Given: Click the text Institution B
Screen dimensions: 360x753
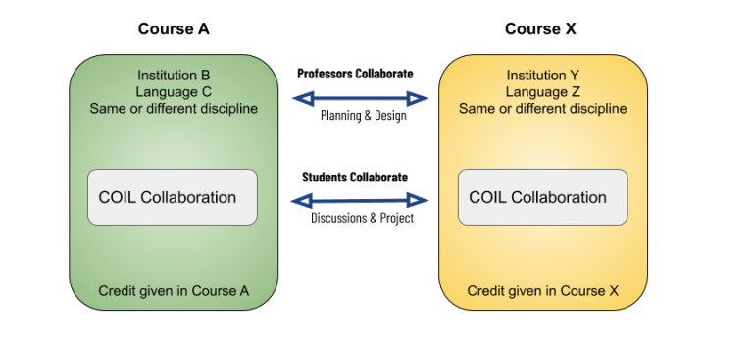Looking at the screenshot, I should pos(174,75).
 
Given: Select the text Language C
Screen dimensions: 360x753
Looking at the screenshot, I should pos(174,91).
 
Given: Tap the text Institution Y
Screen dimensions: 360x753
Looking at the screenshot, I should pos(542,75).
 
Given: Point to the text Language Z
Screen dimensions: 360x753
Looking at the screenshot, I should pos(542,91).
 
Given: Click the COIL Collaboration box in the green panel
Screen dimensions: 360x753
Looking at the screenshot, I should pos(173,197).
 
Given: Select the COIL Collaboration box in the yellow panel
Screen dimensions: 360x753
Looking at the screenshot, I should pos(542,197).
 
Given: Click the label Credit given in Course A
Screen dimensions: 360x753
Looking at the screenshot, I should pos(174,291).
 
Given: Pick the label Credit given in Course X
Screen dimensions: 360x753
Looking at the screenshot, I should pos(542,291).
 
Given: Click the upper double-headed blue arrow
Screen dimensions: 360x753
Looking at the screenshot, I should pos(361,98).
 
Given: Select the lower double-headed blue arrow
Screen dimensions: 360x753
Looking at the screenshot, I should pos(361,201).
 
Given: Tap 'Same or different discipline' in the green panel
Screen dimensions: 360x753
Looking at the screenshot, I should pos(174,108).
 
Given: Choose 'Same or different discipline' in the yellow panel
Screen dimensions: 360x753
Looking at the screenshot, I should pos(542,108).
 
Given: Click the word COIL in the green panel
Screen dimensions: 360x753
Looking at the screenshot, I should pos(118,197).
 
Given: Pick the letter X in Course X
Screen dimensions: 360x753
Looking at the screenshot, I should pos(613,291).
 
